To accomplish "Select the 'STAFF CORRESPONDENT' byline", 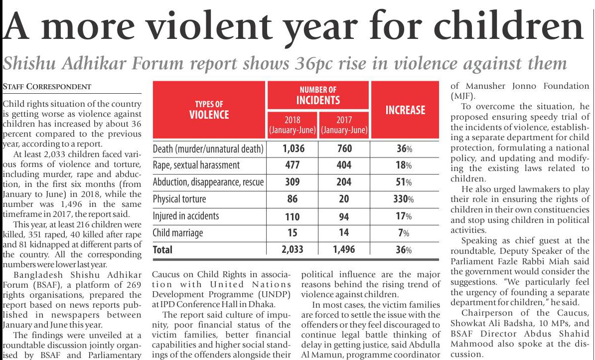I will tap(47, 87).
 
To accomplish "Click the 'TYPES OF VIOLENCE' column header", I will tap(209, 110).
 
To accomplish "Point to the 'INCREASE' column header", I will tap(405, 110).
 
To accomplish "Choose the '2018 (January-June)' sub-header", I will tap(293, 125).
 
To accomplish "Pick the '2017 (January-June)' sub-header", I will tap(344, 125).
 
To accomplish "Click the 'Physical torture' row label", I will tap(179, 199).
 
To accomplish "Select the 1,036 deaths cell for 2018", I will tap(293, 149).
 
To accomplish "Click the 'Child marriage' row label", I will tap(177, 233).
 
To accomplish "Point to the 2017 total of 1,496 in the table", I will tap(344, 250).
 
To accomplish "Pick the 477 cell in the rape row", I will tap(293, 165).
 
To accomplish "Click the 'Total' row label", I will tap(162, 250).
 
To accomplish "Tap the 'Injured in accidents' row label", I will tap(185, 216).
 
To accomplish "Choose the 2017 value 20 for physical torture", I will tap(344, 199).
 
